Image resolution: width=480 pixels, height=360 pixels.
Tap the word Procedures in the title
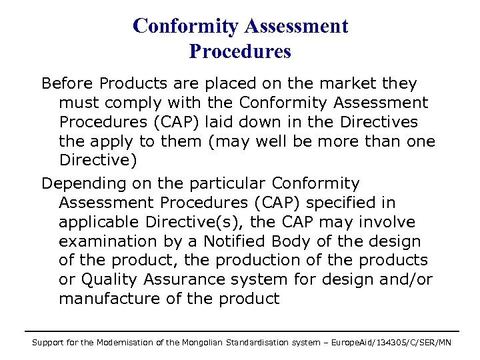pos(240,51)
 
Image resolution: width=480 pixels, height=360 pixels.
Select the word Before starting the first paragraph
pos(67,84)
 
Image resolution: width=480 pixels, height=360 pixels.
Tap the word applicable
pos(99,221)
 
